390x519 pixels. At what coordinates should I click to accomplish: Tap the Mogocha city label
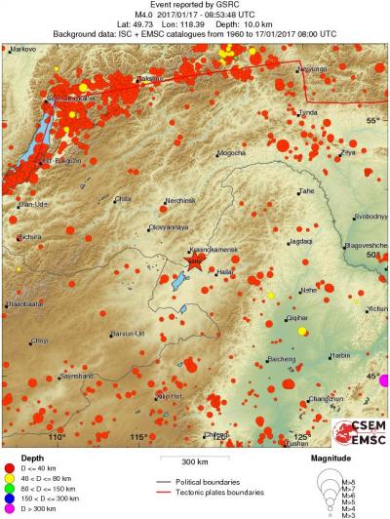coord(232,152)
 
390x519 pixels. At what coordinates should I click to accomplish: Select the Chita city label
coord(123,199)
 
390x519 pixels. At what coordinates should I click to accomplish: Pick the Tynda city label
coord(308,113)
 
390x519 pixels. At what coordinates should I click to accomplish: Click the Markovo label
coord(23,47)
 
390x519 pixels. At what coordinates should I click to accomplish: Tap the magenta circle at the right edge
coord(385,379)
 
